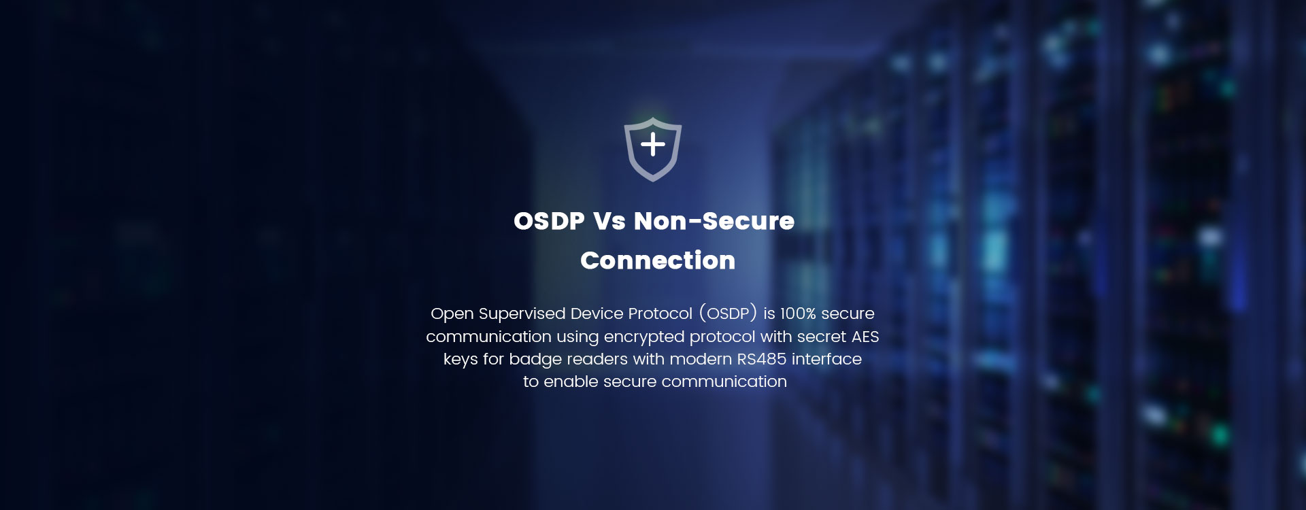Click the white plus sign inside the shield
pyautogui.click(x=653, y=144)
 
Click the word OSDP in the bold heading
pyautogui.click(x=549, y=221)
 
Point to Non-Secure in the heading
pyautogui.click(x=714, y=221)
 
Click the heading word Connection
pyautogui.click(x=658, y=260)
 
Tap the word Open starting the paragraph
pyautogui.click(x=452, y=314)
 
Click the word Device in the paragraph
pyautogui.click(x=597, y=313)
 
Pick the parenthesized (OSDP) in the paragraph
pyautogui.click(x=728, y=313)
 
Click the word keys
pyautogui.click(x=461, y=360)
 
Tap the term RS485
pyautogui.click(x=761, y=359)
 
